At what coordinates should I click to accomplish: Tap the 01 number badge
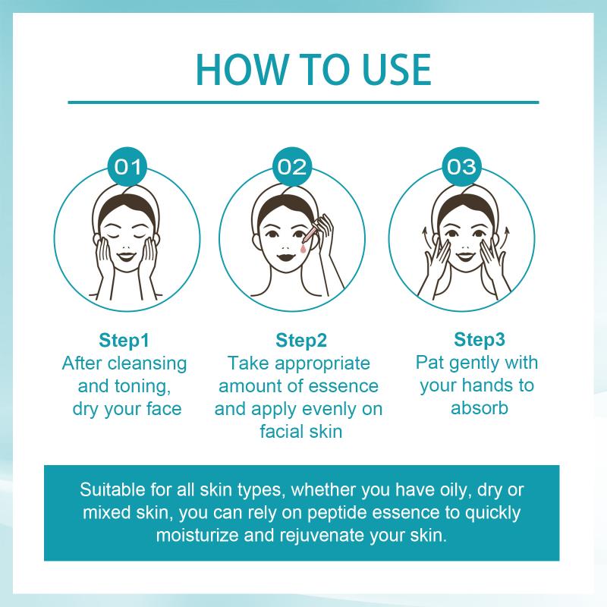point(127,167)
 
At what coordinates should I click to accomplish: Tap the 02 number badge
point(292,167)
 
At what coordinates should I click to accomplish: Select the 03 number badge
point(461,167)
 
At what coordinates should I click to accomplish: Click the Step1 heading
point(124,340)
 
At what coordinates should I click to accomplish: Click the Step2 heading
point(301,340)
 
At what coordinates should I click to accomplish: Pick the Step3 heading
point(480,339)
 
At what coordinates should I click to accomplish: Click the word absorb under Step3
point(480,408)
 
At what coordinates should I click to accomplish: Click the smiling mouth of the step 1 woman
point(127,256)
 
